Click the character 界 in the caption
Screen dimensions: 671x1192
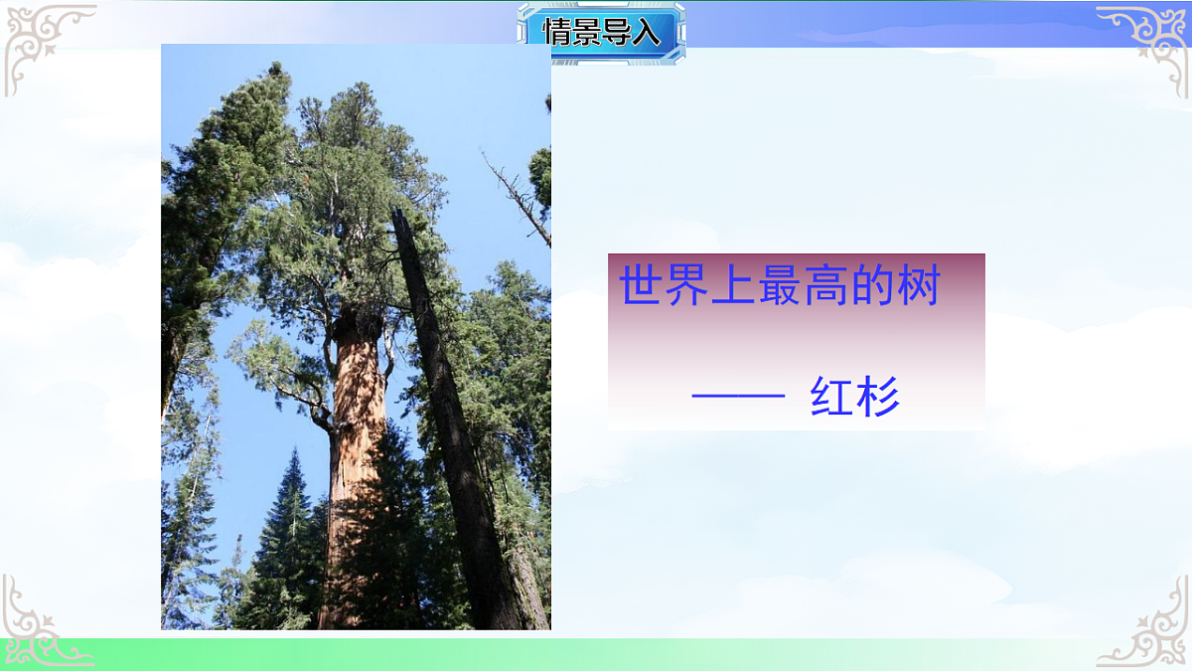(688, 285)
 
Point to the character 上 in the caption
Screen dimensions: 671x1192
(734, 285)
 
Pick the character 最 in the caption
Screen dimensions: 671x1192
(780, 285)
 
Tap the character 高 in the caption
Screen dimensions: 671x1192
(825, 285)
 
